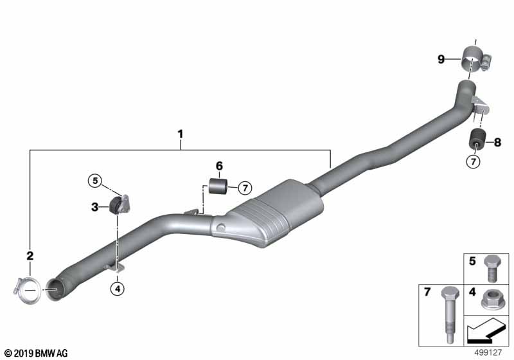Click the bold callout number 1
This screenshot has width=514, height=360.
tap(181, 134)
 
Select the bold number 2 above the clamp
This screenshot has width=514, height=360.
tap(30, 256)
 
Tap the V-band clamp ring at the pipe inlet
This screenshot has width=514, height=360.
tap(28, 291)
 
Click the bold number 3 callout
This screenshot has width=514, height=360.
tap(94, 207)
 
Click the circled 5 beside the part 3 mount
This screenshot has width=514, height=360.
tap(95, 181)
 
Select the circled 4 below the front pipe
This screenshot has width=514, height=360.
tap(118, 289)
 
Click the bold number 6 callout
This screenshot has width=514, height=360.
tap(219, 166)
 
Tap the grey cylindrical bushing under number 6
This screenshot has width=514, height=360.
tap(218, 186)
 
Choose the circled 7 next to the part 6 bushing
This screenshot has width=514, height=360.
tap(245, 188)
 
